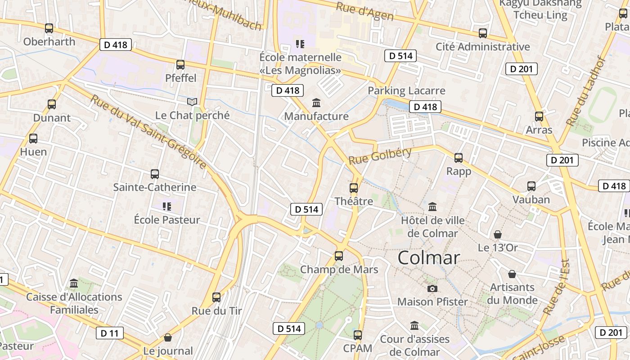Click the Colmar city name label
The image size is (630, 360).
[428, 257]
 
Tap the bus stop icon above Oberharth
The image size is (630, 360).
[49, 28]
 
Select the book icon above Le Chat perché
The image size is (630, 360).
[192, 102]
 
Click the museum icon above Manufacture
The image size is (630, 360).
[316, 103]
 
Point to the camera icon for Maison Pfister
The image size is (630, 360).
[432, 288]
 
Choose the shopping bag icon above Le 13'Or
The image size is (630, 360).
[498, 234]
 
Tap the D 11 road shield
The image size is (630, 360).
[109, 333]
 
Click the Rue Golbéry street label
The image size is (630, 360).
[380, 156]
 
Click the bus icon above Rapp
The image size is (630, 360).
[459, 158]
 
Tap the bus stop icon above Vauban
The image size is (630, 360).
[531, 186]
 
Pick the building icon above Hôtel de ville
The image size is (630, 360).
[432, 207]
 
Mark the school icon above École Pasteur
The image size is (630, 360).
[167, 207]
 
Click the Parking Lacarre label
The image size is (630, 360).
[406, 90]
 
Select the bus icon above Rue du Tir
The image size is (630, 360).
[216, 297]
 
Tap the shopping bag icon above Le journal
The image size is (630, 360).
[168, 337]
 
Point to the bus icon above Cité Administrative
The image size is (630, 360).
[483, 33]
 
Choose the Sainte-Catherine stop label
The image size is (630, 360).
[154, 187]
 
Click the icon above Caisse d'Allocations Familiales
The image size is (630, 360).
[74, 284]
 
